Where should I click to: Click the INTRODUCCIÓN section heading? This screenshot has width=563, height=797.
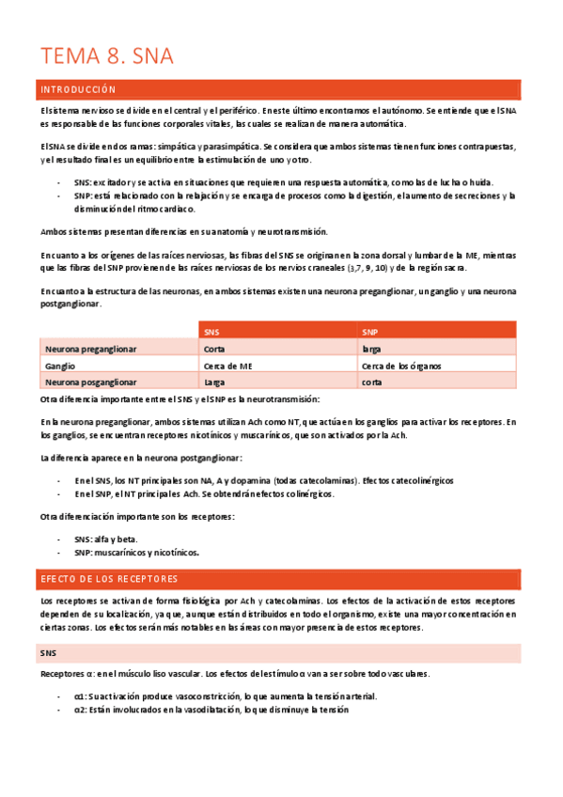77,90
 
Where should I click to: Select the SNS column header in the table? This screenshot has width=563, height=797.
211,332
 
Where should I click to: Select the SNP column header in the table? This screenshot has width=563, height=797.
370,332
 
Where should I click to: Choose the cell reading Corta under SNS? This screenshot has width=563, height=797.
213,349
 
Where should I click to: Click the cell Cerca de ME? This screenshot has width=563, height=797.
227,366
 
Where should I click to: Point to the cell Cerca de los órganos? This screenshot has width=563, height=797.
401,366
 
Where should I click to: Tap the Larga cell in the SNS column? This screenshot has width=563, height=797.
213,383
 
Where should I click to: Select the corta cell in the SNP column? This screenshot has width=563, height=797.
371,383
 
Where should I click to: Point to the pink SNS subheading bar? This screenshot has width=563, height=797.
279,652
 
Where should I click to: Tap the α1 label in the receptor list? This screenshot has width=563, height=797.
80,696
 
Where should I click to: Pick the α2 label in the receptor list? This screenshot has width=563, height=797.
80,711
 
